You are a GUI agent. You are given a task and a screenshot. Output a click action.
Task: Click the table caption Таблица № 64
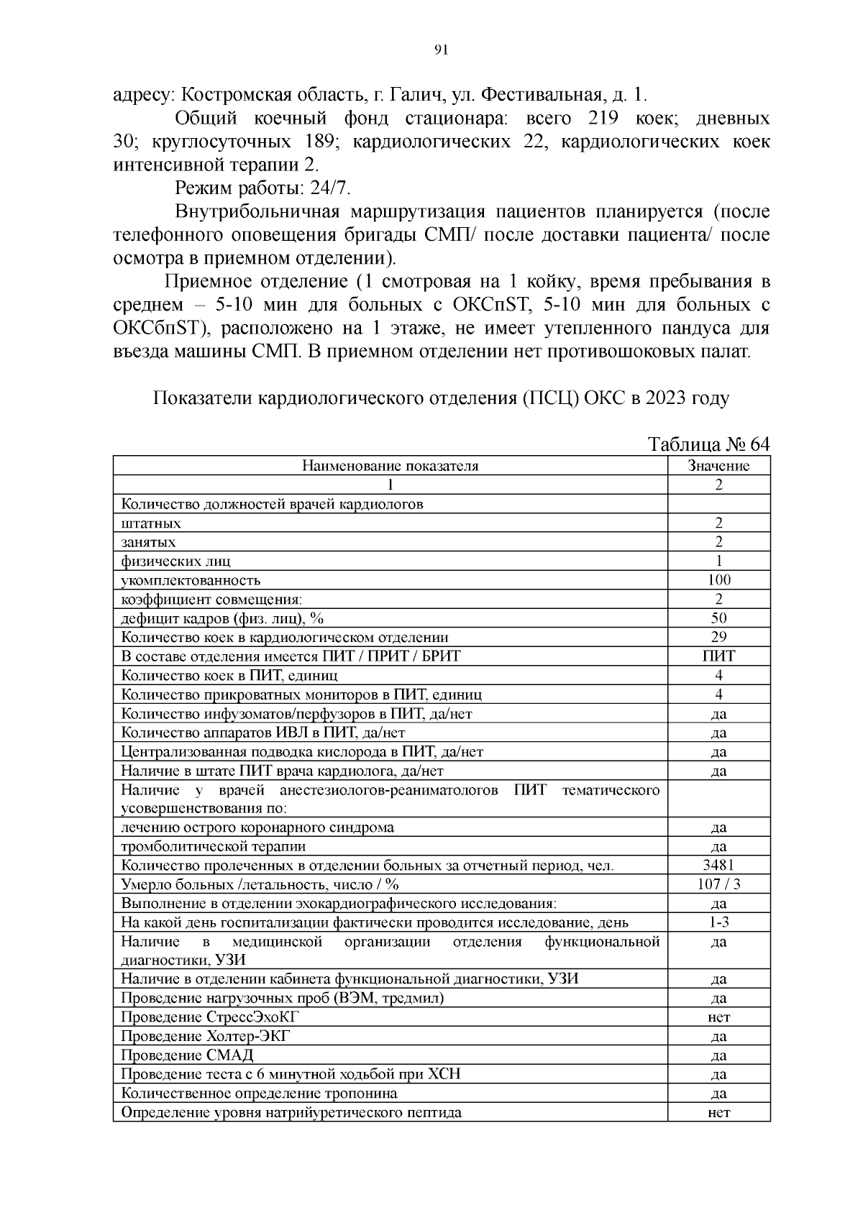coord(709,444)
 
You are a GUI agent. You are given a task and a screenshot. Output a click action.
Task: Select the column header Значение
coord(718,466)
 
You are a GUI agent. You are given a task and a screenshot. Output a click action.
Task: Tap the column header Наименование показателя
coord(390,466)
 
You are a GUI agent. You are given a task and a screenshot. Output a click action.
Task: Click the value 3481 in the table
coord(718,866)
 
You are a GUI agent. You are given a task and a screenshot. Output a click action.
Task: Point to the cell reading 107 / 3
coord(718,884)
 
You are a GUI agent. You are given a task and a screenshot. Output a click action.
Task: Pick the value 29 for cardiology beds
coord(718,637)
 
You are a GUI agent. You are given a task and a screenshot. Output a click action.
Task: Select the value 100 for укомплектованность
coord(718,580)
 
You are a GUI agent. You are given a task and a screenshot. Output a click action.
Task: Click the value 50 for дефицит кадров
coord(718,618)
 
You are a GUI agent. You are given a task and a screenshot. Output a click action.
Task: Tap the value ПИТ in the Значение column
coord(718,656)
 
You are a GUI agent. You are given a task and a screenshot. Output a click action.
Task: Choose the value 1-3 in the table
coord(718,922)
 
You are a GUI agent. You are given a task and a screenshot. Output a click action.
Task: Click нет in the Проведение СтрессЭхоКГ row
coord(718,1017)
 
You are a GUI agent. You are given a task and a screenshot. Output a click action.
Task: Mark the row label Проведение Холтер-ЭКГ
coord(206,1036)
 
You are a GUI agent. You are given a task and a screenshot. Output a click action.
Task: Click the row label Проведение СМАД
coord(187,1055)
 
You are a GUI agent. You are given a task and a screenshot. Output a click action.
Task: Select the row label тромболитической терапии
coord(213,846)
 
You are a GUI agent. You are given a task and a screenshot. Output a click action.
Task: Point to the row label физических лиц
coord(175,561)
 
